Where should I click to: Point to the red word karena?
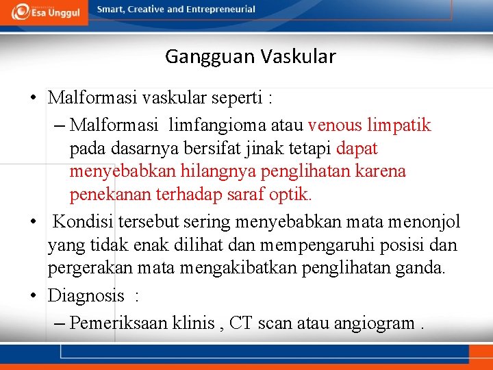click(x=380, y=171)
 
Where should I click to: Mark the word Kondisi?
click(x=84, y=222)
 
